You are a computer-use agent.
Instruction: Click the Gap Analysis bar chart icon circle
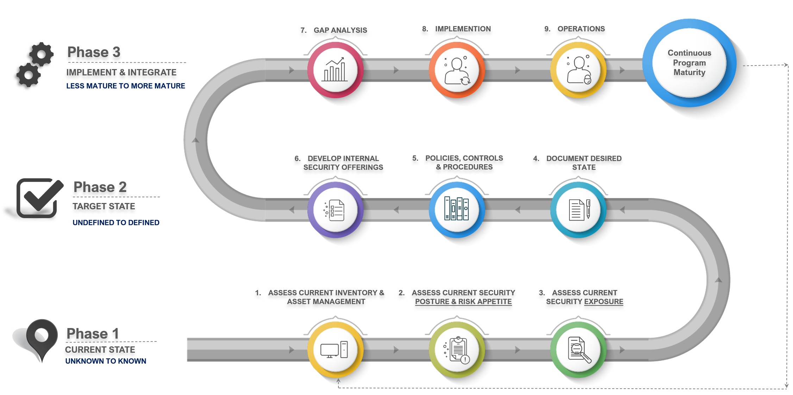point(335,70)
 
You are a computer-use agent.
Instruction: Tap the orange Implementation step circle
point(457,70)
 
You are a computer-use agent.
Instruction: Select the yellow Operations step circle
point(578,70)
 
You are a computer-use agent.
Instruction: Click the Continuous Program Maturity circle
point(689,63)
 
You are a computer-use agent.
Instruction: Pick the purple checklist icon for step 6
point(335,210)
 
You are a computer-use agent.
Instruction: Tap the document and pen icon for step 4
point(578,210)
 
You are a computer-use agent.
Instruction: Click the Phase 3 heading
point(94,53)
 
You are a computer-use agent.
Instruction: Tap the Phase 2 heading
point(100,187)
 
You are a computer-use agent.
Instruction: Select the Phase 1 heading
point(93,334)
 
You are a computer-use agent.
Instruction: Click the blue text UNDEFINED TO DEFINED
point(116,223)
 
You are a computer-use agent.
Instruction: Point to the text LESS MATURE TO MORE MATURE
point(125,86)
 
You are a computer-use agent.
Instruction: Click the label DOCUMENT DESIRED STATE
point(583,163)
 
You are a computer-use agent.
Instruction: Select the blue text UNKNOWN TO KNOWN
point(106,361)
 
